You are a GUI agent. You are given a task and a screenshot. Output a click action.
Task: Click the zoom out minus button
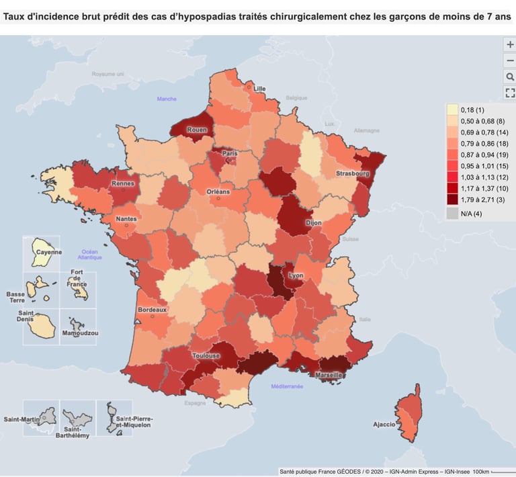[x=509, y=60]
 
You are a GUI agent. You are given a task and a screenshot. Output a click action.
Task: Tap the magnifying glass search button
[x=509, y=77]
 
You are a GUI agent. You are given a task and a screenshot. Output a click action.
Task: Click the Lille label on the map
[x=259, y=89]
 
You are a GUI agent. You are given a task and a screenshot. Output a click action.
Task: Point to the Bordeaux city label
[x=152, y=310]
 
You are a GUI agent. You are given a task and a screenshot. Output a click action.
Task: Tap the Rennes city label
[x=123, y=183]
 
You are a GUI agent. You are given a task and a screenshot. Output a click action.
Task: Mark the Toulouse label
[x=206, y=355]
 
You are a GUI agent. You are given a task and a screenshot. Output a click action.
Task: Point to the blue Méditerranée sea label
[x=287, y=386]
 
